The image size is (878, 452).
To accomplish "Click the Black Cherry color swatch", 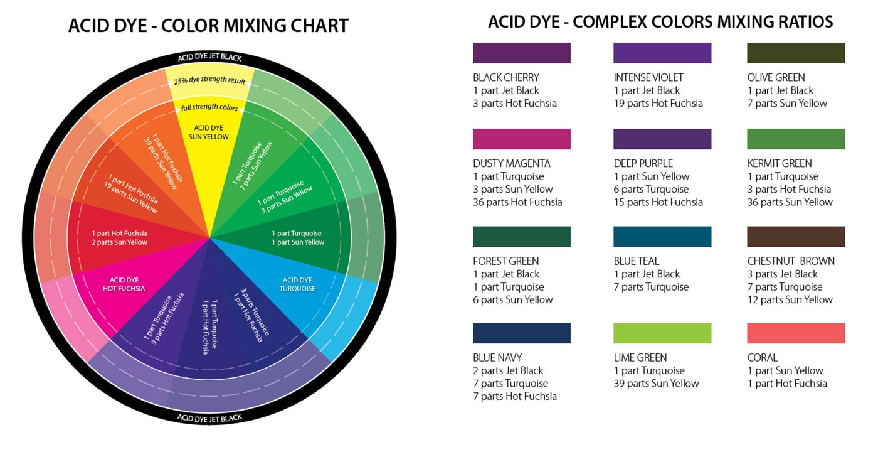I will tap(521, 53).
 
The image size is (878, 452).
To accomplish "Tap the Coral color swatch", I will tap(795, 333).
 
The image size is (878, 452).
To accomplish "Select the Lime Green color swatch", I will tap(662, 333).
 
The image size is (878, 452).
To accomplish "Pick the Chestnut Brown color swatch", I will tap(795, 237).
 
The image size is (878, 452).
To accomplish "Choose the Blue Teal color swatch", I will tap(662, 237).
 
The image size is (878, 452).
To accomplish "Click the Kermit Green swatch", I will tap(795, 139).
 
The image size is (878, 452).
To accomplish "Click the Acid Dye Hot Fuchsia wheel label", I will tap(124, 284).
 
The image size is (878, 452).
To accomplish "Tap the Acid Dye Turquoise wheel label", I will tap(298, 284).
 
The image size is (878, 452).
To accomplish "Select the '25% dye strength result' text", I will tap(210, 80).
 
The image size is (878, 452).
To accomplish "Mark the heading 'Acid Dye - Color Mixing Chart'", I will tap(208, 26).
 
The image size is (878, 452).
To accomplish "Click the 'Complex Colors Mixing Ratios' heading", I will tap(660, 22).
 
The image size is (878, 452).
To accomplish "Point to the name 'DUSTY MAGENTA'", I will tap(512, 164).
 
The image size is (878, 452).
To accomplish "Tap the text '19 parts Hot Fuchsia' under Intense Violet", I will tap(658, 104).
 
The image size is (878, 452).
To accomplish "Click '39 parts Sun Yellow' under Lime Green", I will tap(656, 384).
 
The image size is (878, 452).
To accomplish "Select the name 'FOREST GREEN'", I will tap(506, 261).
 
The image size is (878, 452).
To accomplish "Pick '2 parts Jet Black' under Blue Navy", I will tap(508, 370).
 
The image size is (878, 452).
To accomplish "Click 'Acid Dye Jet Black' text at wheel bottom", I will tap(209, 417).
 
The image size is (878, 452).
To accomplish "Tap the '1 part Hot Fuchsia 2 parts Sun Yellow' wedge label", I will tap(119, 238).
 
